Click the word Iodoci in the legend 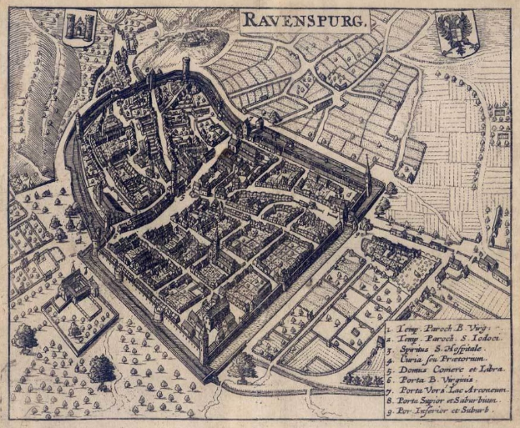[x=478, y=330]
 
